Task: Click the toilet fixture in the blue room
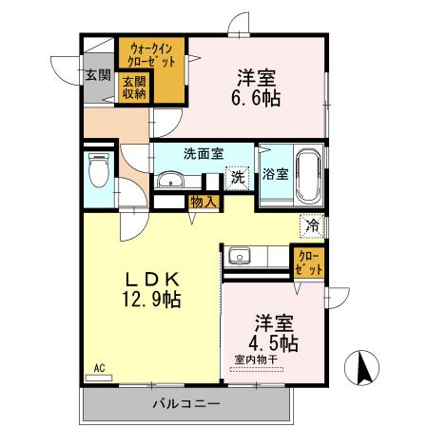(x=98, y=173)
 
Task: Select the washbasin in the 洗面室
(x=171, y=181)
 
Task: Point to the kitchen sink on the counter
(x=238, y=257)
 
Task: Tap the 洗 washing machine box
(x=237, y=176)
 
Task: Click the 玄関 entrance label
(x=96, y=75)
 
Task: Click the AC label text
(x=97, y=366)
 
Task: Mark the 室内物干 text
(x=255, y=360)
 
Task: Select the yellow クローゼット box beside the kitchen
(x=308, y=263)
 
